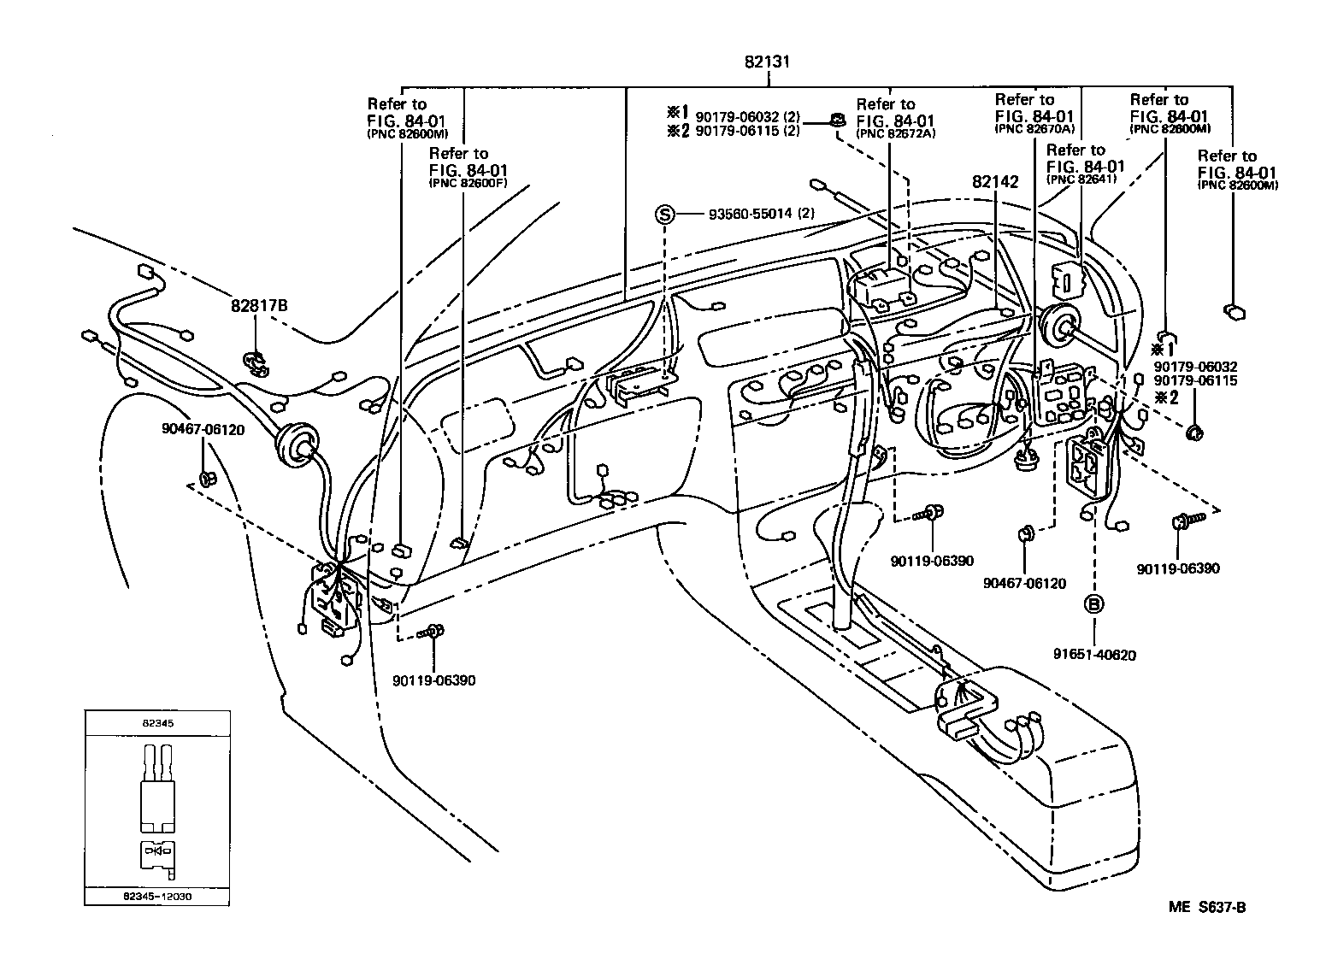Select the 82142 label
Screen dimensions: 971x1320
pos(995,182)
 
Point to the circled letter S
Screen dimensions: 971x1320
pos(665,214)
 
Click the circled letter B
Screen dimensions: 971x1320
pos(1093,604)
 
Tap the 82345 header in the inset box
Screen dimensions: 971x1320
pos(157,723)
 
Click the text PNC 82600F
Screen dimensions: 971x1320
pos(471,183)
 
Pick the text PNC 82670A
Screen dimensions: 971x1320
pos(1034,129)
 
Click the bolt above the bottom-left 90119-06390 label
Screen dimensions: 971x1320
pos(432,633)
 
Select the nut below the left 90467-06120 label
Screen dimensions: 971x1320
pos(205,478)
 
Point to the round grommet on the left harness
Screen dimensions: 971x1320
pos(295,446)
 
